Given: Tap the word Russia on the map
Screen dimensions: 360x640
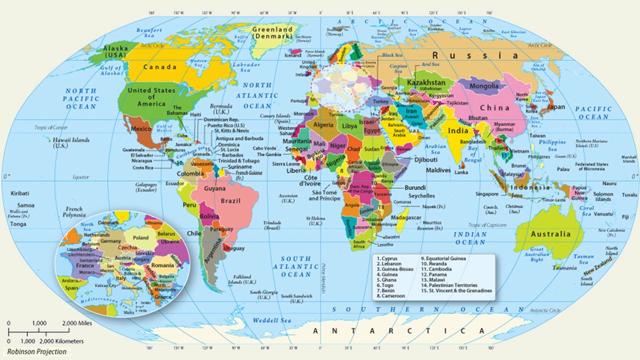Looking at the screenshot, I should click(x=475, y=55).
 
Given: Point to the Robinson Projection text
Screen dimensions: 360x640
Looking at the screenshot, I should click(x=37, y=351).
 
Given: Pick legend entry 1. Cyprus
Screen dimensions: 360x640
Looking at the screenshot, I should click(x=390, y=258).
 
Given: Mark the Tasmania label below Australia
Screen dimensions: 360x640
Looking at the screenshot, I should click(x=564, y=267).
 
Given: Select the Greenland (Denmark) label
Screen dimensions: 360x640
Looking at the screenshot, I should click(x=273, y=32).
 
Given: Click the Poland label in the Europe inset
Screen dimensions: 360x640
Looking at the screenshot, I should click(x=141, y=237).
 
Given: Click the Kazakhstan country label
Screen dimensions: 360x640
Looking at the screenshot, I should click(x=426, y=84).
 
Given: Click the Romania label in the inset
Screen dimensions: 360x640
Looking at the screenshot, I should click(x=162, y=265).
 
